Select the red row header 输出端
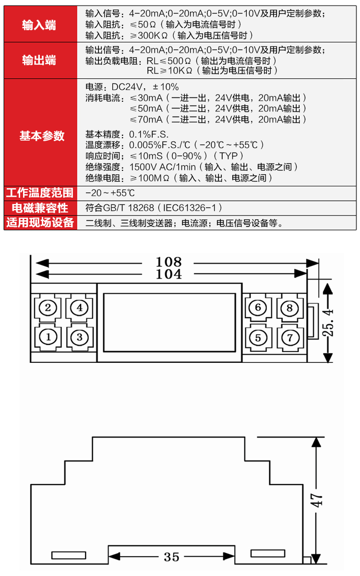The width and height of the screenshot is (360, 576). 39,60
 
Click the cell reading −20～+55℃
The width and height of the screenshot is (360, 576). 109,193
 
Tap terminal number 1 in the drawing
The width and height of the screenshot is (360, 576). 48,336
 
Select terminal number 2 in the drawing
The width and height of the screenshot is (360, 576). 48,307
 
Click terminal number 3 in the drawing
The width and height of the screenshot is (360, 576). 80,336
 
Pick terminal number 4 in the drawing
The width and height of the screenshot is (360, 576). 80,307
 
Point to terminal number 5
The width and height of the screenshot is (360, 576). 258,337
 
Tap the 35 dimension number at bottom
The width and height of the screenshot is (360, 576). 171,557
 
